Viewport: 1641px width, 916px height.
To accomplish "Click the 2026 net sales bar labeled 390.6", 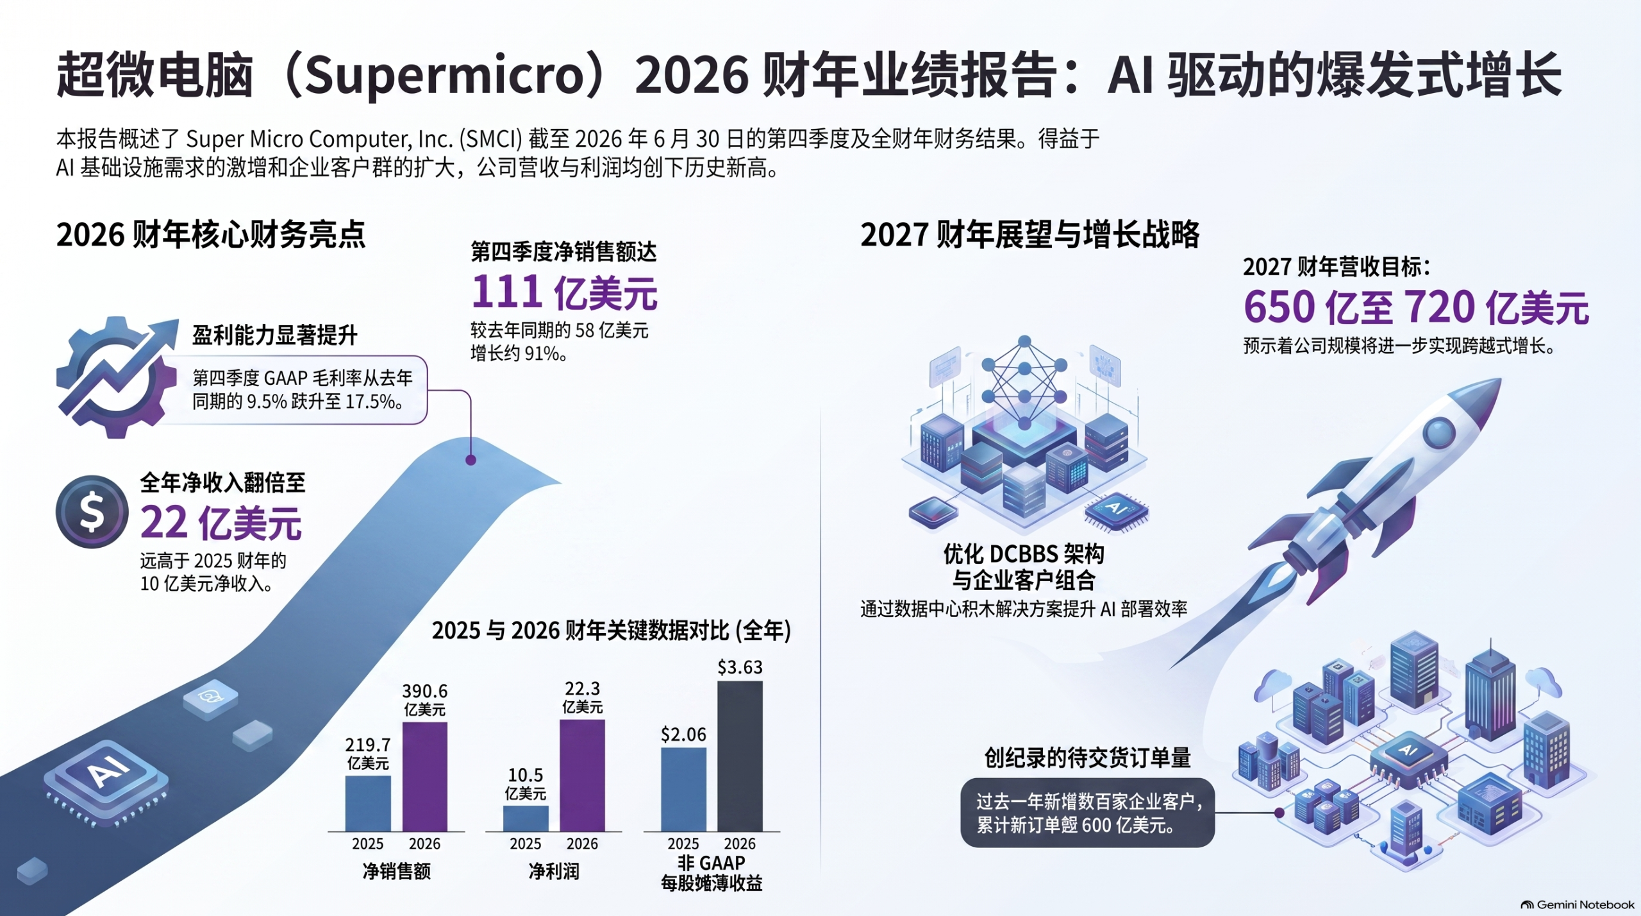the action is [x=424, y=777].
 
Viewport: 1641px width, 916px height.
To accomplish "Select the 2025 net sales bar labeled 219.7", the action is [x=368, y=804].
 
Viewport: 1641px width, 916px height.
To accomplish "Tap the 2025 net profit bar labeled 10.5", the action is [x=526, y=818].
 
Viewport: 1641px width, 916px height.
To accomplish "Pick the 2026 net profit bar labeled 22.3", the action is [x=582, y=776].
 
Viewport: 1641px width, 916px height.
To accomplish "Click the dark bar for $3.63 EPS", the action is [x=740, y=756].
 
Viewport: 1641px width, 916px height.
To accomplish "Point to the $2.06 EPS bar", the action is [x=683, y=790].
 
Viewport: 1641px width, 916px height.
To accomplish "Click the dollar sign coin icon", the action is [x=92, y=512].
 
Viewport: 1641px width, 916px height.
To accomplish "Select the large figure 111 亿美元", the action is [x=565, y=293].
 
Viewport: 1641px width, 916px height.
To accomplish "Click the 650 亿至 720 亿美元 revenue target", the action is [x=1416, y=307].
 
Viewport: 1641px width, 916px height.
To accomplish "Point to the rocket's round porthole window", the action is [x=1439, y=431].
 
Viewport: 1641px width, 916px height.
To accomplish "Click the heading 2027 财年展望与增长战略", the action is [x=1029, y=234].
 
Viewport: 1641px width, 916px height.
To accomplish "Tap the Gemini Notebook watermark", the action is [x=1578, y=904].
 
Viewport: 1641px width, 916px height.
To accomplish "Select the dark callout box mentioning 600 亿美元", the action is [x=1087, y=813].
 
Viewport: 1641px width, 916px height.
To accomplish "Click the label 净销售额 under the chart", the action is [x=396, y=871].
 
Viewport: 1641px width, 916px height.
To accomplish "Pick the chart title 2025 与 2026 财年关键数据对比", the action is [x=611, y=631].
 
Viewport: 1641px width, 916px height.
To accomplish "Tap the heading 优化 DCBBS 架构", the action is [x=1024, y=554].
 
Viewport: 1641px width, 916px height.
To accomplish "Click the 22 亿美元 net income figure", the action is [x=221, y=523].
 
